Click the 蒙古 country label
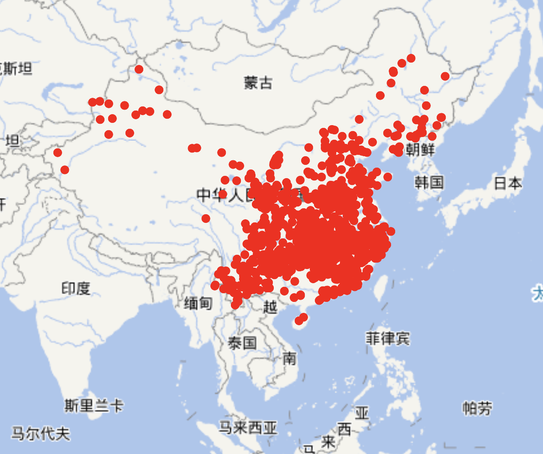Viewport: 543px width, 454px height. point(258,83)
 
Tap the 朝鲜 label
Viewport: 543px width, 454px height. point(420,149)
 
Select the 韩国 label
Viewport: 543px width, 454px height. point(429,182)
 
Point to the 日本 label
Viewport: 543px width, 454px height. point(508,183)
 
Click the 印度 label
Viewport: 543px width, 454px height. point(76,288)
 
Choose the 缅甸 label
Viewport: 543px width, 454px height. point(198,302)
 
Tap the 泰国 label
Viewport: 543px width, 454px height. point(242,343)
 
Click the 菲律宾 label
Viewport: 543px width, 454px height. point(388,338)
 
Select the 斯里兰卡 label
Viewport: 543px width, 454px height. point(94,405)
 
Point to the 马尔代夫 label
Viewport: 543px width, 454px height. point(41,433)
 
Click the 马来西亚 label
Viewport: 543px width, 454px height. point(248,428)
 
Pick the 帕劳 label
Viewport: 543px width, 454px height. point(477,408)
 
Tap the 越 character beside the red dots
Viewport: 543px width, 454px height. point(270,307)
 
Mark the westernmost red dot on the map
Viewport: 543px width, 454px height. point(57,153)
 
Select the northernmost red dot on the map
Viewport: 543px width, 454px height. point(411,58)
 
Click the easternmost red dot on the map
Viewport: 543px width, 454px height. point(445,76)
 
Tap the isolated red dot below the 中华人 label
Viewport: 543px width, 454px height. point(206,218)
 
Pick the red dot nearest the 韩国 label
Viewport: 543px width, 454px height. point(388,177)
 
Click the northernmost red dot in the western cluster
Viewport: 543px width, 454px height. point(139,69)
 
